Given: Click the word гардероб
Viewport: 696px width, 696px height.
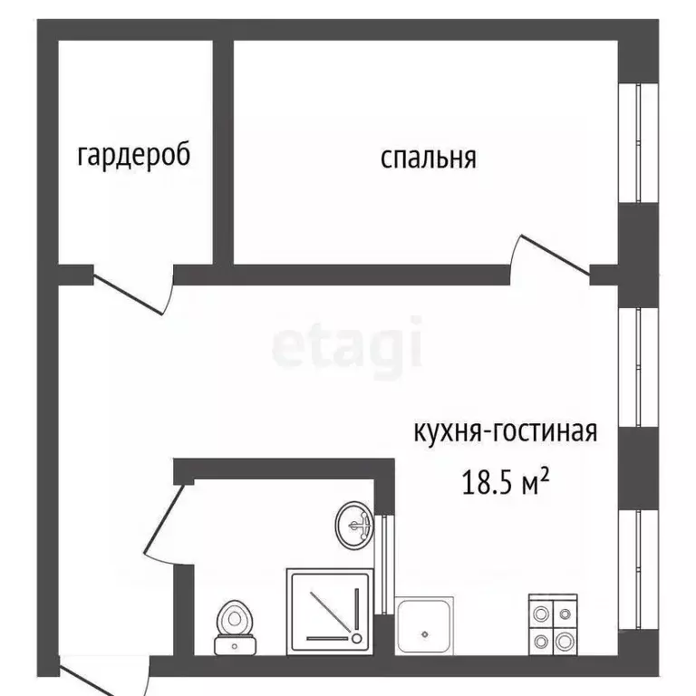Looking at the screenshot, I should click(134, 156).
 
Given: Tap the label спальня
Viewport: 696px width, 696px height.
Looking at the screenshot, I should click(428, 159).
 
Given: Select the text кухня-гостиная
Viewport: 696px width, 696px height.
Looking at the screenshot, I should click(506, 430).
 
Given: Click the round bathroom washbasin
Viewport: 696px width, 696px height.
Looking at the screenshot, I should click(354, 524).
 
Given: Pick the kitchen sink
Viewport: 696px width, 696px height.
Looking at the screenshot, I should click(425, 626).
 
